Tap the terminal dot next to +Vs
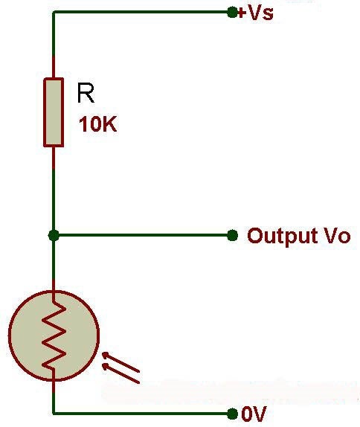tap(232, 12)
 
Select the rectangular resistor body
tap(54, 111)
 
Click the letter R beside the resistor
tap(86, 94)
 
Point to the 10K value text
tap(97, 125)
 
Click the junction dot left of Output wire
tap(54, 235)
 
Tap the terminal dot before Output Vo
tap(232, 235)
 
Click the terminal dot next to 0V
tap(232, 413)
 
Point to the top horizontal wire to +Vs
tap(141, 12)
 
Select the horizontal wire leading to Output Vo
tap(141, 235)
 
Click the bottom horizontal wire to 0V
tap(141, 413)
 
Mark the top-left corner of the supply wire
tap(54, 12)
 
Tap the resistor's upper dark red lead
tap(54, 66)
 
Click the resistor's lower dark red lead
tap(54, 157)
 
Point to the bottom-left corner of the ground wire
tap(54, 413)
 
